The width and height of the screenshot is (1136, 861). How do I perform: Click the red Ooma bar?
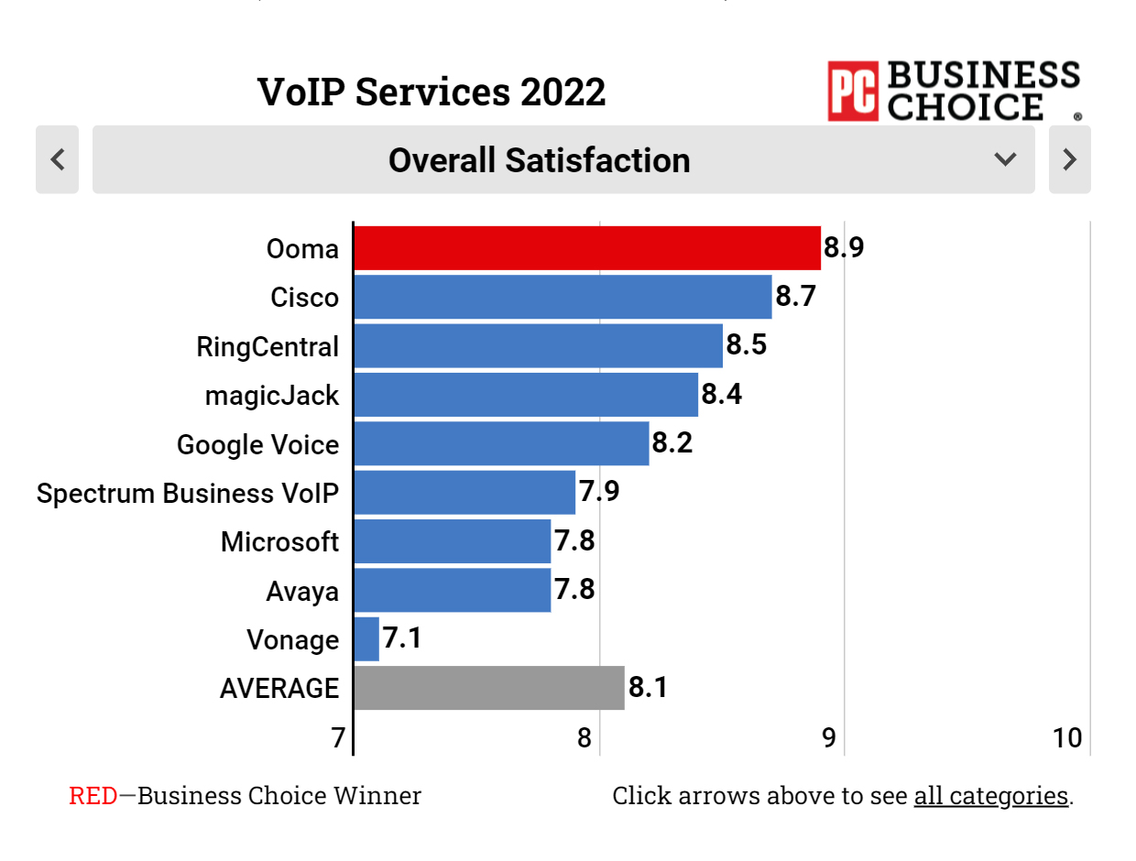click(x=586, y=248)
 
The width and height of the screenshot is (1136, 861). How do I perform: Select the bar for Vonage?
click(x=366, y=639)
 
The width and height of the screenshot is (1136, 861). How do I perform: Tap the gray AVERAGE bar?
click(x=489, y=688)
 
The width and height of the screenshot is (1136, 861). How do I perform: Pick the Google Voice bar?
click(x=501, y=444)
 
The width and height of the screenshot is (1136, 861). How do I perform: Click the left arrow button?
click(x=57, y=159)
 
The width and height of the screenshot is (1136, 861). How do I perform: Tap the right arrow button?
click(x=1069, y=159)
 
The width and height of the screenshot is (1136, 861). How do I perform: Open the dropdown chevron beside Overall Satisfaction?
click(x=1005, y=159)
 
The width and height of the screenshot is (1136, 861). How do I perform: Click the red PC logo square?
click(x=853, y=91)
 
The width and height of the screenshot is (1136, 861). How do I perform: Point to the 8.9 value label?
click(x=844, y=248)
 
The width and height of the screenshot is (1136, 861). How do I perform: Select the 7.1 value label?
click(x=402, y=638)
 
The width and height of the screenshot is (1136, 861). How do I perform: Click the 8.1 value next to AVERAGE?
click(x=647, y=687)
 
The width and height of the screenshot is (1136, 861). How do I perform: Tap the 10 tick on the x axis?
click(x=1067, y=737)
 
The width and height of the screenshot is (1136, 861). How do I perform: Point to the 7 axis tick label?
click(x=339, y=737)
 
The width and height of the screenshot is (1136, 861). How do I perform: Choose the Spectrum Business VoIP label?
click(x=188, y=493)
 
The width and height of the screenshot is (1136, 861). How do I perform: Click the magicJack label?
click(x=272, y=396)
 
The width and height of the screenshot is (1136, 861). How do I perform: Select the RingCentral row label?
click(x=268, y=347)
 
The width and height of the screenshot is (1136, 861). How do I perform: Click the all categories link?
click(x=990, y=795)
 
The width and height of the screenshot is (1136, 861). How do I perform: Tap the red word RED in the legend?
click(x=93, y=795)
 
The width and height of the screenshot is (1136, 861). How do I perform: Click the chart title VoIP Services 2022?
click(x=431, y=93)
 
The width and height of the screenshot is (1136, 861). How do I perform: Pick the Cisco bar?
click(x=563, y=298)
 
